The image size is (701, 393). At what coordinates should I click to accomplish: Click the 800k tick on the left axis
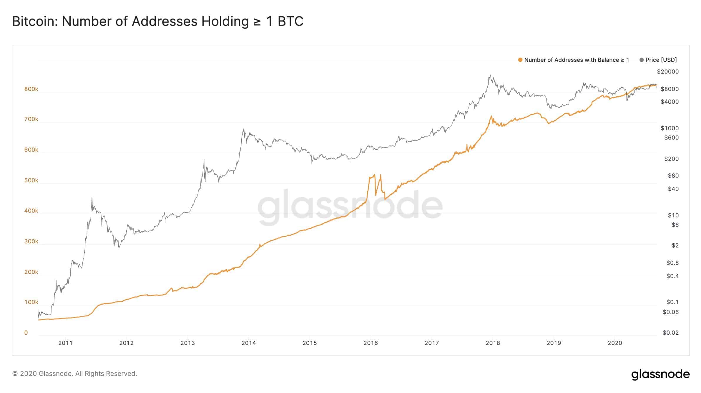pyautogui.click(x=31, y=89)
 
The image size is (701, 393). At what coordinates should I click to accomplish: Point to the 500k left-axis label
pyautogui.click(x=31, y=180)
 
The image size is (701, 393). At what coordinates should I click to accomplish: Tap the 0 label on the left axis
pyautogui.click(x=26, y=333)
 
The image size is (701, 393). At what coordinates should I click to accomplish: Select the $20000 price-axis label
pyautogui.click(x=668, y=72)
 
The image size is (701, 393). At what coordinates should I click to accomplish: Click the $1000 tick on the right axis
pyautogui.click(x=670, y=128)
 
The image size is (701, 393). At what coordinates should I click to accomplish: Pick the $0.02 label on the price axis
pyautogui.click(x=670, y=333)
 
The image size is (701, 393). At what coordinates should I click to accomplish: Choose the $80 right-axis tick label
pyautogui.click(x=673, y=176)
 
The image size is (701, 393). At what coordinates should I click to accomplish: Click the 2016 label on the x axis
pyautogui.click(x=371, y=343)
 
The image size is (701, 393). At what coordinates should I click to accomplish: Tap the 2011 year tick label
pyautogui.click(x=65, y=343)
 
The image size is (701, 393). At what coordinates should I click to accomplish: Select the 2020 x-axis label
pyautogui.click(x=615, y=343)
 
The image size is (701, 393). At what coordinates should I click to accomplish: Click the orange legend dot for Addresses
pyautogui.click(x=520, y=60)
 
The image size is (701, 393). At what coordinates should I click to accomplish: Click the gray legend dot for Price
pyautogui.click(x=642, y=60)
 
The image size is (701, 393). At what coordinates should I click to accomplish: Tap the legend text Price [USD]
pyautogui.click(x=661, y=60)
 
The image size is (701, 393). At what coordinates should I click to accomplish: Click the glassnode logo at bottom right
pyautogui.click(x=660, y=374)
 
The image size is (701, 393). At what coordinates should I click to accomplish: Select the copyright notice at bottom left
pyautogui.click(x=74, y=374)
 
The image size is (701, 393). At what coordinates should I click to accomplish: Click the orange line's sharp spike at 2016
pyautogui.click(x=374, y=175)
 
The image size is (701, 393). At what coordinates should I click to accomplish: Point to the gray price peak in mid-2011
pyautogui.click(x=92, y=198)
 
